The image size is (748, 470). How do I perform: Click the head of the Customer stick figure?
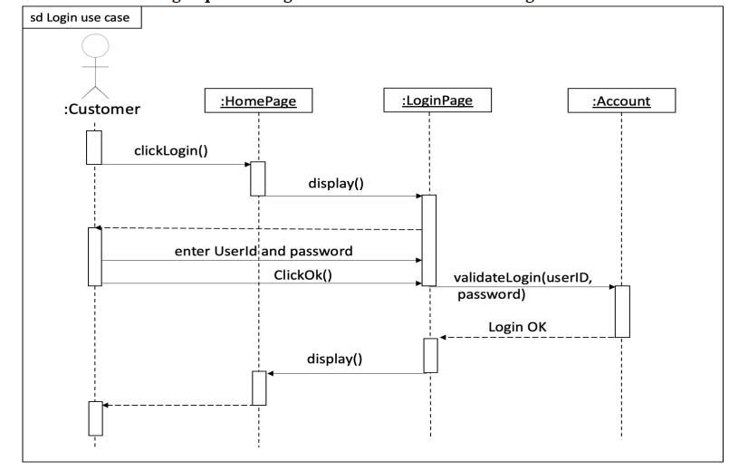click(94, 46)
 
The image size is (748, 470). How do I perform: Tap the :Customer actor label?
click(96, 110)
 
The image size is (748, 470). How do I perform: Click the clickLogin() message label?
click(171, 150)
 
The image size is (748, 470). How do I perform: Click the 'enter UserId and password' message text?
click(263, 249)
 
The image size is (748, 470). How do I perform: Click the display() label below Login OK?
click(335, 359)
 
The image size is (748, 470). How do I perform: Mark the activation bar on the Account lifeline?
click(622, 311)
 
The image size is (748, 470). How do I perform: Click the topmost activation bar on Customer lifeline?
click(93, 148)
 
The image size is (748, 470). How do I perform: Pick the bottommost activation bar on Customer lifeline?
click(95, 417)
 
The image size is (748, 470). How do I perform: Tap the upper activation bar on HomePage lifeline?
click(258, 178)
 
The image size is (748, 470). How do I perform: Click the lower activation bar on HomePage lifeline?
click(259, 388)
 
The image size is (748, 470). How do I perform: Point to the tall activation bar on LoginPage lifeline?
click(429, 240)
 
